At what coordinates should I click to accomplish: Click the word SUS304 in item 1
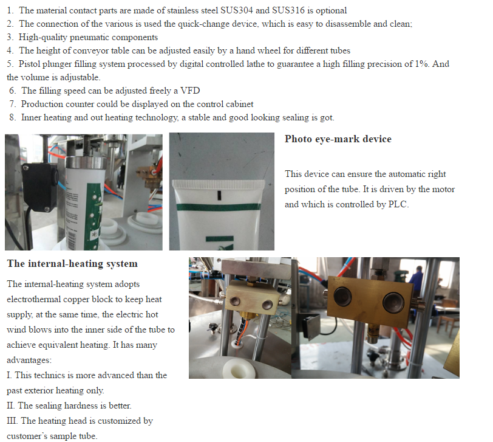coord(237,10)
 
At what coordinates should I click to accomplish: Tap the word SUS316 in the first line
coord(288,10)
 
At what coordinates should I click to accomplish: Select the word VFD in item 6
coord(190,91)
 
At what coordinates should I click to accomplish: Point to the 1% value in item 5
coord(421,64)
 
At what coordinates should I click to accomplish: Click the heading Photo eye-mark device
coord(338,139)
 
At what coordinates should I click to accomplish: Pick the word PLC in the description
coord(398,204)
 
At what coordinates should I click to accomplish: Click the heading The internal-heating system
coord(72,263)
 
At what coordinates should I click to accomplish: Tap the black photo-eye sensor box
coord(40,187)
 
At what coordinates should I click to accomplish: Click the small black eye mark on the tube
coord(219,195)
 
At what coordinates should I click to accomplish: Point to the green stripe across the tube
coord(219,207)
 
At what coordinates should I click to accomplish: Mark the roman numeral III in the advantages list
coord(12,421)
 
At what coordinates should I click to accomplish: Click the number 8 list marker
coord(12,117)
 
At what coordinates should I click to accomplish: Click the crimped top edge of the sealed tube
coord(219,184)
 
